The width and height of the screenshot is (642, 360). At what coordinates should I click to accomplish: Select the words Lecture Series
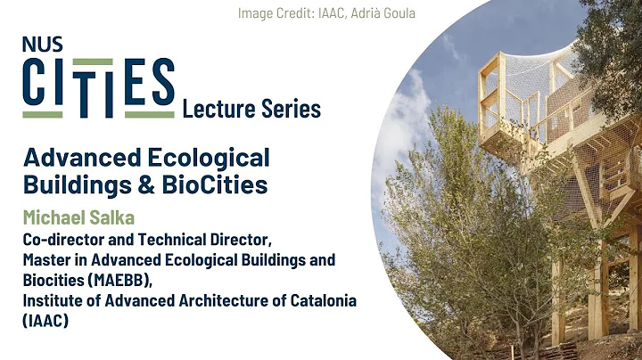click(251, 109)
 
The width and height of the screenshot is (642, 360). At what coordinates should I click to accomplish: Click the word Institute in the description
click(55, 300)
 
